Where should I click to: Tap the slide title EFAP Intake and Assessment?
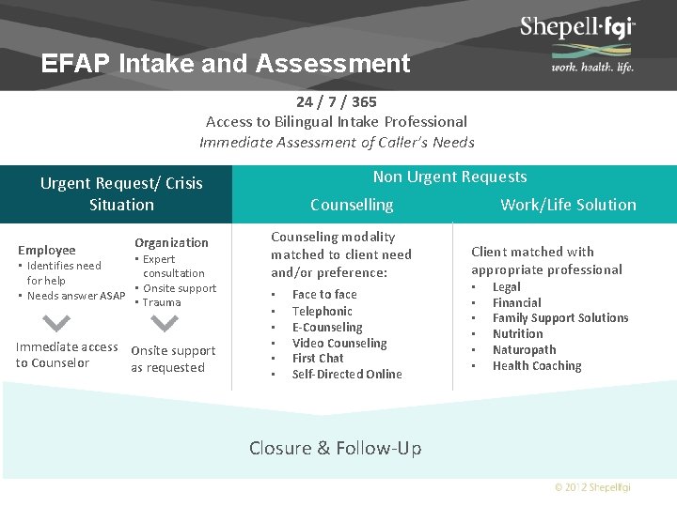click(x=226, y=63)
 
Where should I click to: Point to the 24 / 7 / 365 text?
click(x=337, y=101)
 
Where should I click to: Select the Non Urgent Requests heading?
click(x=449, y=177)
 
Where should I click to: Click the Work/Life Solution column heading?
click(x=568, y=205)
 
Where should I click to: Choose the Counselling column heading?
click(x=352, y=205)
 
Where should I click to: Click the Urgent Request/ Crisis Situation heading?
click(x=121, y=193)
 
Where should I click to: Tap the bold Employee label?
click(x=47, y=250)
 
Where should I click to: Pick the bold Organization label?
click(x=171, y=242)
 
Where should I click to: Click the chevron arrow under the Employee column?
click(x=57, y=323)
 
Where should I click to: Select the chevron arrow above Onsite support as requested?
click(x=165, y=323)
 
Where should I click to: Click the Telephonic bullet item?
click(x=322, y=311)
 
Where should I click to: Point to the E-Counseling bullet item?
click(x=327, y=327)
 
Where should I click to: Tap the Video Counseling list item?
click(x=339, y=343)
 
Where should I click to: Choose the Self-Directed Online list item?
click(x=347, y=374)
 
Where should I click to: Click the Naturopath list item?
click(x=524, y=349)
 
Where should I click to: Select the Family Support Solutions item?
click(x=560, y=317)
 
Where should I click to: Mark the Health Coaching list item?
click(x=537, y=365)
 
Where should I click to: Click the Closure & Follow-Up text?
click(x=335, y=448)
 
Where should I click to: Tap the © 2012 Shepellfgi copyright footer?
click(x=592, y=487)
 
